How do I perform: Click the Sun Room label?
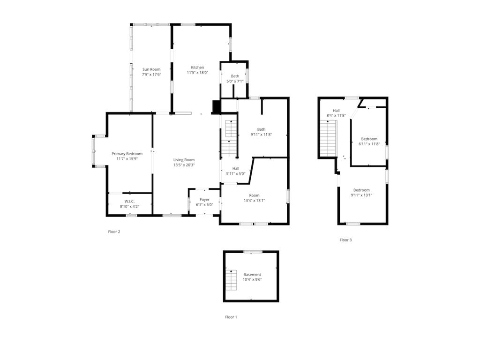point(151,69)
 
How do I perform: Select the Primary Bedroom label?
point(127,154)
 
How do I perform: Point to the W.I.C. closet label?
point(129,201)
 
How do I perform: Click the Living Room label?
point(184,160)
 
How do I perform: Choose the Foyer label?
point(204,200)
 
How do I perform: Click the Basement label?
point(252,275)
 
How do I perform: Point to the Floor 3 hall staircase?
point(328,138)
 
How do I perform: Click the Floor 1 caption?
point(231,317)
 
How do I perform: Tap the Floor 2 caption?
point(114,232)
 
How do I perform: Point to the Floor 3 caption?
point(345,240)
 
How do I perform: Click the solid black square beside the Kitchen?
point(216,107)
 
